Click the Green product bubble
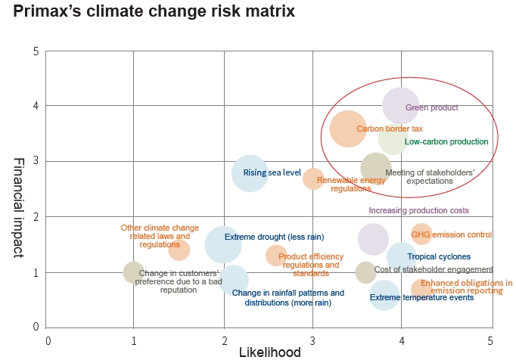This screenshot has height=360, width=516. click(400, 105)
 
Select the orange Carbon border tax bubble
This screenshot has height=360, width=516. click(348, 129)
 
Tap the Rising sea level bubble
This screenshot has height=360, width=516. click(250, 173)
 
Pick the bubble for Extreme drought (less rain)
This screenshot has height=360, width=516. click(222, 244)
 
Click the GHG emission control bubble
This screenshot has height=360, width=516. click(421, 234)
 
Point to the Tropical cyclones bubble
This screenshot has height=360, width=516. click(402, 257)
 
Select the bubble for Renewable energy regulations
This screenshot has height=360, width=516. click(313, 178)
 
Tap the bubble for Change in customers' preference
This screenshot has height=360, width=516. click(133, 272)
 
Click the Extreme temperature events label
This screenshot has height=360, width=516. click(421, 297)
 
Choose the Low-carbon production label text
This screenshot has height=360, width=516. click(446, 141)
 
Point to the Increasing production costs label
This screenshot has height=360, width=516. click(418, 210)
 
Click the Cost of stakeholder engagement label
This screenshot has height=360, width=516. click(434, 269)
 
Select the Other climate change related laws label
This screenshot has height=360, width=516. click(160, 236)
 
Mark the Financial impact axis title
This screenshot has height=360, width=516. click(19, 207)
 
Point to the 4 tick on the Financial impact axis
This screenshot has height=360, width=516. click(36, 107)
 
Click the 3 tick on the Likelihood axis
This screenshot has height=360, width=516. click(312, 341)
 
